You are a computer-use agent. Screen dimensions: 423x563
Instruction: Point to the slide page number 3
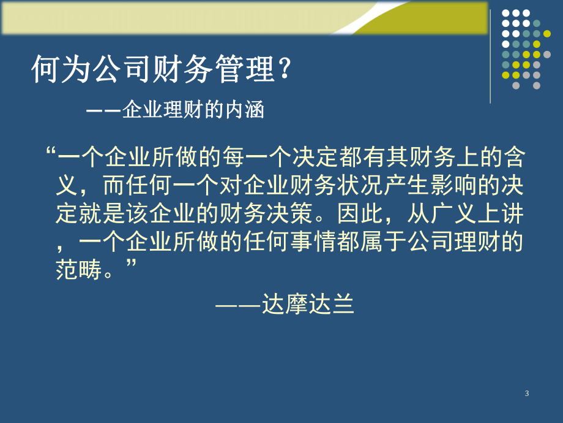[x=527, y=394]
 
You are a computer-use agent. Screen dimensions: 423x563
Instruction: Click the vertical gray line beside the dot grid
[x=491, y=55]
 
